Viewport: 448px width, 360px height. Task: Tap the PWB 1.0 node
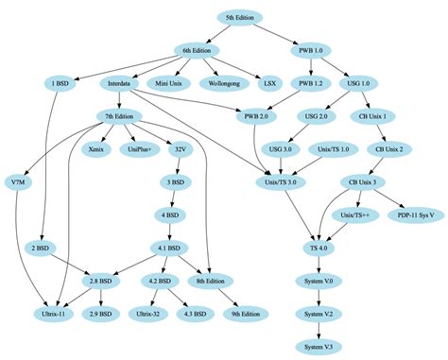312,50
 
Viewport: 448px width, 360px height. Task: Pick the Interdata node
119,83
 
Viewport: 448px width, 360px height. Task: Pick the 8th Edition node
210,281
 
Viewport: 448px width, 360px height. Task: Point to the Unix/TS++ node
353,214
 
